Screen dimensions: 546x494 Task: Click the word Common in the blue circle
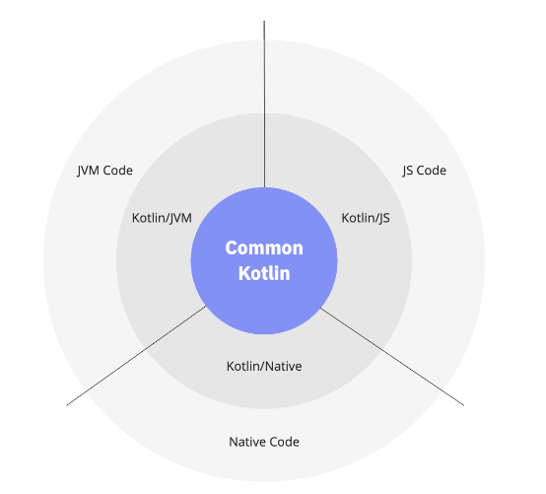pos(264,248)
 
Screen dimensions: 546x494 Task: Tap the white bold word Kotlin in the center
pos(264,273)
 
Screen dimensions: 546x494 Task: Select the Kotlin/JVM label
pos(162,218)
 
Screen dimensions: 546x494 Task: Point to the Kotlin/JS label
pos(366,218)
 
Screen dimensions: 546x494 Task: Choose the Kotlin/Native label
pos(264,367)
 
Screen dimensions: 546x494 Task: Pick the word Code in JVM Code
pos(117,171)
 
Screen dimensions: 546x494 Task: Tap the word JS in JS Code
pos(408,171)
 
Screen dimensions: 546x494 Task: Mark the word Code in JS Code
pos(431,171)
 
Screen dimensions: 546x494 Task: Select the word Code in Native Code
pos(284,442)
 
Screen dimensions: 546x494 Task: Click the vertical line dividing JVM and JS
pos(264,105)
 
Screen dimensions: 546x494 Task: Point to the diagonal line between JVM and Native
pos(136,356)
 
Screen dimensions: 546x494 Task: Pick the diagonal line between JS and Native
pos(392,357)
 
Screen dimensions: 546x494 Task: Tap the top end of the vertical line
pos(264,21)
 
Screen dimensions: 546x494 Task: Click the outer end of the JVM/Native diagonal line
pos(66,405)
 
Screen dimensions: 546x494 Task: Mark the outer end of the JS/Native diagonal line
pos(464,405)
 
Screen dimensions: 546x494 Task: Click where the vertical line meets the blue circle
pos(264,187)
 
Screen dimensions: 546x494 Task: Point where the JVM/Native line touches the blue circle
pos(206,307)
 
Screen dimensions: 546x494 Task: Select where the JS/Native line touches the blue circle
pos(320,309)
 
